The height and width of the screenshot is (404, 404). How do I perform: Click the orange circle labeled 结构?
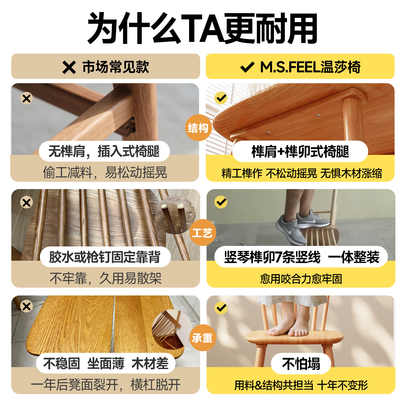[198, 128]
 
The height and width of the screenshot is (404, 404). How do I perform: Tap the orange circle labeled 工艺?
[203, 232]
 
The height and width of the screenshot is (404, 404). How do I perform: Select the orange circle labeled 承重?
[203, 337]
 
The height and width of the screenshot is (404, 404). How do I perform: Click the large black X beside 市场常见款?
[69, 67]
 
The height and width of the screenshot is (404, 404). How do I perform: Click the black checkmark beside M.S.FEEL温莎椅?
[247, 67]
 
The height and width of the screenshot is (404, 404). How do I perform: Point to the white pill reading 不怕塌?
[301, 364]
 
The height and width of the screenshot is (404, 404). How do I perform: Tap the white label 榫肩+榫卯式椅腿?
[300, 151]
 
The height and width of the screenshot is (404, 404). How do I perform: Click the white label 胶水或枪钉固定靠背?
[105, 257]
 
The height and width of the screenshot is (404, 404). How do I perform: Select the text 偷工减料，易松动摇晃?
[105, 172]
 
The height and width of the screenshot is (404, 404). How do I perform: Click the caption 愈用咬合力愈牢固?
[301, 279]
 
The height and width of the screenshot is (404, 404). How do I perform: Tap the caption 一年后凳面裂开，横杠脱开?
[106, 385]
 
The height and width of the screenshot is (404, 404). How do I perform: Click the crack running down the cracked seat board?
[114, 323]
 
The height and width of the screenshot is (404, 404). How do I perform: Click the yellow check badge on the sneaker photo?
[221, 202]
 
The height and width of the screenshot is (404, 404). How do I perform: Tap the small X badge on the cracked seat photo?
[27, 306]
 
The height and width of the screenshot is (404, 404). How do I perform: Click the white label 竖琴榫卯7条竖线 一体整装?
[301, 257]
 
